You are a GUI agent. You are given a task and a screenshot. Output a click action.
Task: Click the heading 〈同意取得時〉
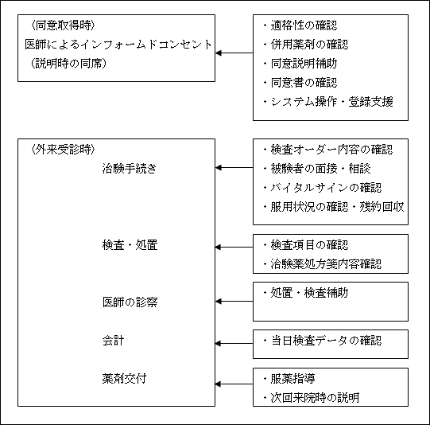[x=63, y=25]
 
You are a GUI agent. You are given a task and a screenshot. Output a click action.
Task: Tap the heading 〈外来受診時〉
[x=63, y=150]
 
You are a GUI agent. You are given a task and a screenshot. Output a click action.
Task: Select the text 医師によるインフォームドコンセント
[x=118, y=45]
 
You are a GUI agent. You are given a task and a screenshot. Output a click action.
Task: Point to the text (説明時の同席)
[x=68, y=64]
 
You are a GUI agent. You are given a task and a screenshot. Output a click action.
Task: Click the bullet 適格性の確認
[x=300, y=25]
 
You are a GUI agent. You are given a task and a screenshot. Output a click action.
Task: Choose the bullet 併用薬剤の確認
[x=305, y=45]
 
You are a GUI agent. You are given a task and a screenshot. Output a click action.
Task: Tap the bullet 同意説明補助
[x=300, y=64]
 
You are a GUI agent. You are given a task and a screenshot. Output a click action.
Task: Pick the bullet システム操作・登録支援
[x=328, y=102]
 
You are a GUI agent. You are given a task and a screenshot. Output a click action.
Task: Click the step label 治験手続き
[x=130, y=168]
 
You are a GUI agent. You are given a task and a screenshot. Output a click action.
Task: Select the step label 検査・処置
[x=130, y=245]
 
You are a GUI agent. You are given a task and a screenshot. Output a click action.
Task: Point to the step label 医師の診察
[x=130, y=302]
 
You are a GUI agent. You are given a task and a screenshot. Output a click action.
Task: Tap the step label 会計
[x=113, y=341]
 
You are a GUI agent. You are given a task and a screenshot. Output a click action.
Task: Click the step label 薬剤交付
[x=124, y=379]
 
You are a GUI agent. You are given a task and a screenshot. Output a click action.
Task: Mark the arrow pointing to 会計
[x=234, y=343]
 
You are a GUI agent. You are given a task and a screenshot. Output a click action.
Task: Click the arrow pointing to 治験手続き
[x=234, y=167]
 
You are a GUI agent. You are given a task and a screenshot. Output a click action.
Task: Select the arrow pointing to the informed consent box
[x=234, y=53]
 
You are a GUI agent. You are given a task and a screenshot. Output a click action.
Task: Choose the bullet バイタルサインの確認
[x=322, y=188]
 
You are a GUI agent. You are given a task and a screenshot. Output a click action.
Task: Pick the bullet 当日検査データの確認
[x=322, y=341]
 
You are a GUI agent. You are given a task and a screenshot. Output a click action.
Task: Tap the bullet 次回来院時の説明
[x=311, y=398]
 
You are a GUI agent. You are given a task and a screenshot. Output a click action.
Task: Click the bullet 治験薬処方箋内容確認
[x=322, y=264]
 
